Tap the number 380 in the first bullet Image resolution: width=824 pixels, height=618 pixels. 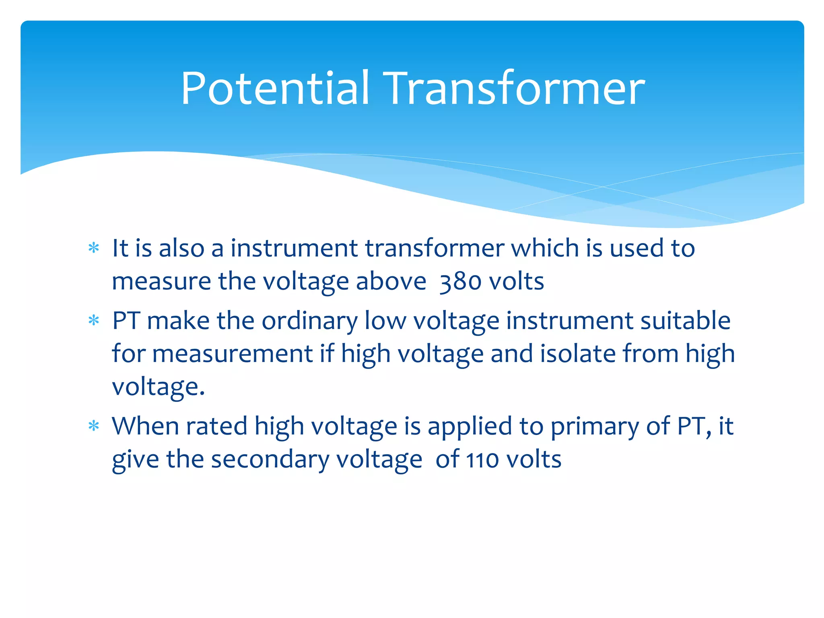tap(460, 281)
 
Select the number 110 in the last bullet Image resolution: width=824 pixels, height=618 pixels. tap(482, 459)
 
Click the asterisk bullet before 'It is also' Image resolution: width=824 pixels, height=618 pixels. tap(94, 248)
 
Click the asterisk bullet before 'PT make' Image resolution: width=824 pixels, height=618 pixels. tap(94, 321)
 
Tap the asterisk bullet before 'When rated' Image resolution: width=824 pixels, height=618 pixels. tap(94, 426)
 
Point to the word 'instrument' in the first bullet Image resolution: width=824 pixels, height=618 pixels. tap(294, 248)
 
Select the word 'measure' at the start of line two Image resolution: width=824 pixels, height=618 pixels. tap(161, 281)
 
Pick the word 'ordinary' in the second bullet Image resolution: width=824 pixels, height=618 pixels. tap(309, 321)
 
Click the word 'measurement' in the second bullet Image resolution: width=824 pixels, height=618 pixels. tap(233, 354)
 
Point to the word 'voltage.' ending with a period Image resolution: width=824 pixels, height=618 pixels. tap(158, 387)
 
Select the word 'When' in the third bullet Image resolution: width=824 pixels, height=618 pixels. tap(145, 426)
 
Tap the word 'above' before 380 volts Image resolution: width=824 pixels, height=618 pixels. tap(391, 281)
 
